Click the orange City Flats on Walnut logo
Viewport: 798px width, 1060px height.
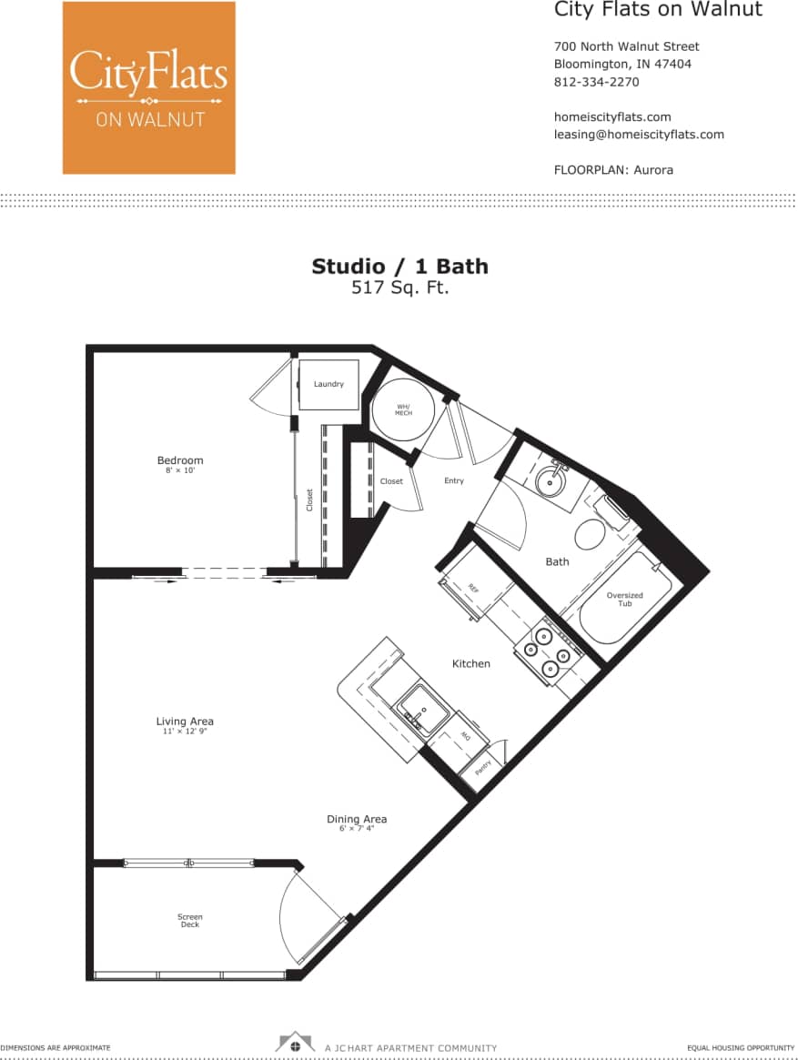point(148,87)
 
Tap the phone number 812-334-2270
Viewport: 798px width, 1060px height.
point(596,82)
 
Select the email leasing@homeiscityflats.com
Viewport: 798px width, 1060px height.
point(639,134)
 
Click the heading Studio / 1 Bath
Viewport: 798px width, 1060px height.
point(399,267)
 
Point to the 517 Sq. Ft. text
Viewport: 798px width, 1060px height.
point(399,288)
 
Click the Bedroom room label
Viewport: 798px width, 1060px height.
point(180,460)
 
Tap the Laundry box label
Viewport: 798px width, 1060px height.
point(328,384)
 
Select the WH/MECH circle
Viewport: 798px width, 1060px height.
point(403,410)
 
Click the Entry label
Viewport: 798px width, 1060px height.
point(454,480)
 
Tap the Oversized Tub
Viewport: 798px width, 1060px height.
point(624,601)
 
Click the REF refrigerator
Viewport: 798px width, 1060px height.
point(473,588)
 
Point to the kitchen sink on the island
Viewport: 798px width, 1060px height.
point(421,707)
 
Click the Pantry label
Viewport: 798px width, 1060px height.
point(484,767)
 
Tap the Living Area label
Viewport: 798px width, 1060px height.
point(185,722)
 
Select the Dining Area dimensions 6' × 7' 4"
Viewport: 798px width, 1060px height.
point(357,829)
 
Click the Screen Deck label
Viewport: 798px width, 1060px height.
point(190,921)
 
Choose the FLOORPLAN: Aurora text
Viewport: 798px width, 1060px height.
point(613,169)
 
